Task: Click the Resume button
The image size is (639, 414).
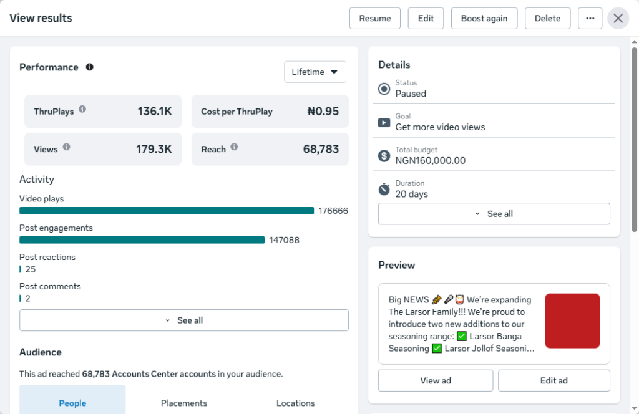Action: (375, 18)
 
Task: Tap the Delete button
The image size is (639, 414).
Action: (547, 18)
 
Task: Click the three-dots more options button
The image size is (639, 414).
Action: (590, 18)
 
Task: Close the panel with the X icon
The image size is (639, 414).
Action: (618, 18)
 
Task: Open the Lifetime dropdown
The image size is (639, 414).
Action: (315, 72)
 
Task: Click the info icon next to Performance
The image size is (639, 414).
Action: (90, 67)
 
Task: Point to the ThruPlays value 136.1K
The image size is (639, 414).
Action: (155, 112)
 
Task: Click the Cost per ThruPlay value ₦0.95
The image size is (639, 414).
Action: (323, 112)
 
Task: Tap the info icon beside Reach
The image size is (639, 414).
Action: (234, 147)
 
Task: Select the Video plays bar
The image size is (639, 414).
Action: (167, 211)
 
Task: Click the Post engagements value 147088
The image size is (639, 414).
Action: (284, 240)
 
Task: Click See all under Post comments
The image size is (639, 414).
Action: (184, 320)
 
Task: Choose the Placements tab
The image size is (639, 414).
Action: (184, 403)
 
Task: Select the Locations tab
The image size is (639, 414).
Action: (295, 403)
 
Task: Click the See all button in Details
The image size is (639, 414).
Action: (494, 214)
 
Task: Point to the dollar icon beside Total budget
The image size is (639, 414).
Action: (384, 155)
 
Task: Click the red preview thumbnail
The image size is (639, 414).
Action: (572, 320)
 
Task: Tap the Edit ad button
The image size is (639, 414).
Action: (554, 380)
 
